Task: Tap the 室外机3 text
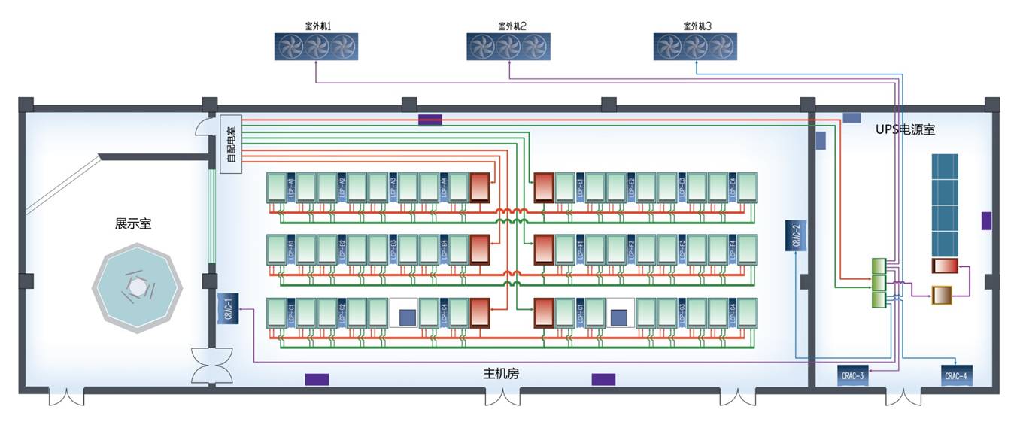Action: pyautogui.click(x=697, y=26)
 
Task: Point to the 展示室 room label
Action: pyautogui.click(x=133, y=223)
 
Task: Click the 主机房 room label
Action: pyautogui.click(x=501, y=373)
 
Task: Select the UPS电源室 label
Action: pyautogui.click(x=905, y=129)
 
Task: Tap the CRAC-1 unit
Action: pyautogui.click(x=227, y=309)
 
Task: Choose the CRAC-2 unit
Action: pyautogui.click(x=796, y=235)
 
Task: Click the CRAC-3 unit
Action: pyautogui.click(x=852, y=375)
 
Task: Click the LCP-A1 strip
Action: pyautogui.click(x=290, y=187)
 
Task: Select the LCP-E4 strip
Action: pyautogui.click(x=733, y=187)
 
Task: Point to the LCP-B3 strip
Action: pyautogui.click(x=393, y=250)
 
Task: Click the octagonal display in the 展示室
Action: pyautogui.click(x=137, y=287)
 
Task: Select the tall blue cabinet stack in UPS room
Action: pyautogui.click(x=945, y=204)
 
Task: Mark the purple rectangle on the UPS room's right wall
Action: pyautogui.click(x=986, y=221)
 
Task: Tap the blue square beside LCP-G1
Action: pyautogui.click(x=620, y=317)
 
